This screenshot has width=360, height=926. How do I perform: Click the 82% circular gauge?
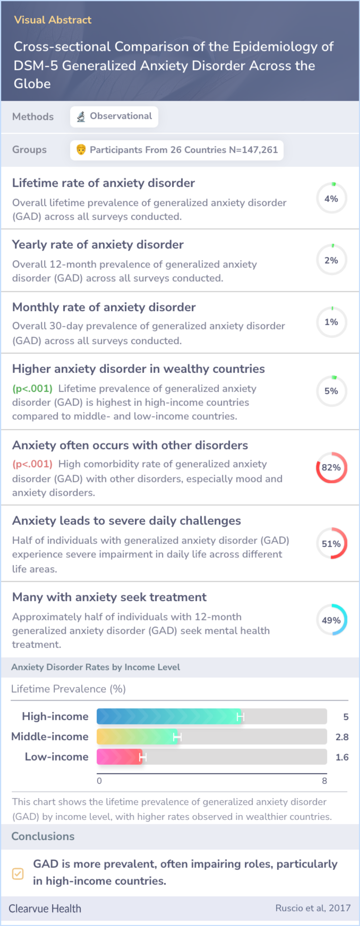331,467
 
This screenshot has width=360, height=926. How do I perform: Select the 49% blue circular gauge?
331,620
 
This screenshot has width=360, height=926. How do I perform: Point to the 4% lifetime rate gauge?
331,198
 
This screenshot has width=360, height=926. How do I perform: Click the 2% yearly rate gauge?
331,260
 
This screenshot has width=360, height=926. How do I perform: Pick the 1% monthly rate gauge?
331,322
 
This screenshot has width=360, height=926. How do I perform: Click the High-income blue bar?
168,716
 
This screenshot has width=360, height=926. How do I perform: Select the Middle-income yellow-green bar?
137,737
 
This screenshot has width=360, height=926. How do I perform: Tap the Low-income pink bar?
119,757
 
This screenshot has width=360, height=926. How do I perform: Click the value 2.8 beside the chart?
342,737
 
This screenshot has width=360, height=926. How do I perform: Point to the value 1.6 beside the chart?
342,757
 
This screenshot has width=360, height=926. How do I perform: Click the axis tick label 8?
324,781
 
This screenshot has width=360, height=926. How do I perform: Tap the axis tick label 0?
99,781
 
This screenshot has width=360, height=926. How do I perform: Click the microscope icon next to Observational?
81,116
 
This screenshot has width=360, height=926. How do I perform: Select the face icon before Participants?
81,150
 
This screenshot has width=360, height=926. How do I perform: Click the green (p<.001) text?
32,389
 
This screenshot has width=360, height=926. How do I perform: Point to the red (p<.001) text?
32,464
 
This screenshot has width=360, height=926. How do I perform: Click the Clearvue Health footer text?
45,908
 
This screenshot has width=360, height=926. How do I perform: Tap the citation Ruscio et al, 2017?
313,908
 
